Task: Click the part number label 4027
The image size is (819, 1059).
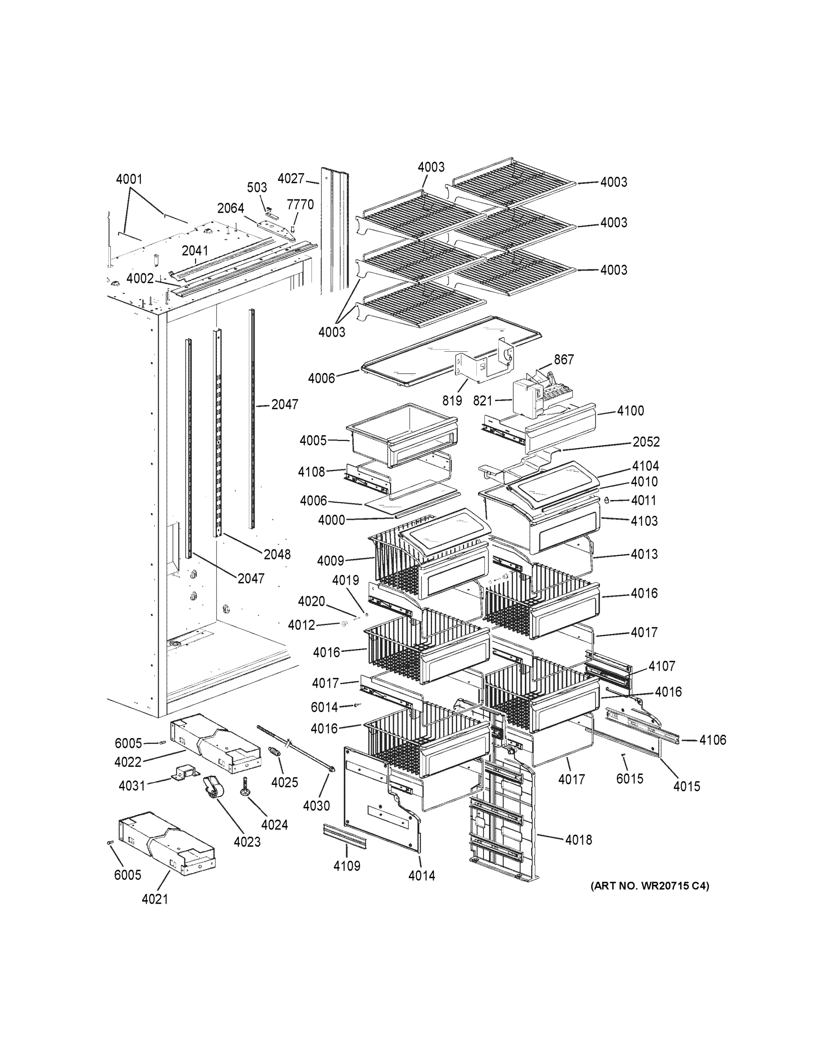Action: pos(291,179)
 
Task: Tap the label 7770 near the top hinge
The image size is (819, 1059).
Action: pos(300,205)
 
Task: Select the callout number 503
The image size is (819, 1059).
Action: pos(257,188)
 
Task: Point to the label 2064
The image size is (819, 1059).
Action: pos(230,209)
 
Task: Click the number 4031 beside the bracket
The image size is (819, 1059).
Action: pos(132,786)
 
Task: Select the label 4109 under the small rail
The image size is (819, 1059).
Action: pos(347,866)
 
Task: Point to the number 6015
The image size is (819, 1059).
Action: pos(629,779)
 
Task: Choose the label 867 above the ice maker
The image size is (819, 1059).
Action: pos(564,360)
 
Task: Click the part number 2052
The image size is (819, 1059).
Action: pos(646,442)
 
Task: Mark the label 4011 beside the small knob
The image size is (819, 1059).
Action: pos(644,500)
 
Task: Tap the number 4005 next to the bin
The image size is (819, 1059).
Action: pos(313,441)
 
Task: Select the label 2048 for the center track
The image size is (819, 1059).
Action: pos(277,554)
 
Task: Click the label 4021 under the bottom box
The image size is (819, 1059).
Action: pos(155,899)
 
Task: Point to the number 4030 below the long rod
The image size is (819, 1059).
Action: pos(317,806)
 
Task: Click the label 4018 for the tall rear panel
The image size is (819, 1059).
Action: pos(578,840)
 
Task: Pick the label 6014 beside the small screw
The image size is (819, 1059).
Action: pos(324,707)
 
